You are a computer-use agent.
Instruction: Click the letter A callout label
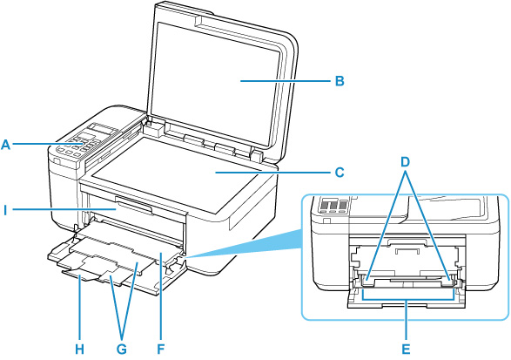coord(6,144)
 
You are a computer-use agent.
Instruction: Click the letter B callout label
coord(340,80)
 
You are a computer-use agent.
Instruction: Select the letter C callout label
coord(340,172)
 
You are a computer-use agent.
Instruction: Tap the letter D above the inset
coord(406,162)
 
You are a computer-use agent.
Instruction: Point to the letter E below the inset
coord(406,350)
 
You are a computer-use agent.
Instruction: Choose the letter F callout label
coord(160,350)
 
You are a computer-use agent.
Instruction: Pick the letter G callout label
coord(122,350)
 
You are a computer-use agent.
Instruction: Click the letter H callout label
coord(80,350)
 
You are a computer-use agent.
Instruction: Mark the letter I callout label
coord(5,211)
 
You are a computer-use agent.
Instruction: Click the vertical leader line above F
coord(161,295)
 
